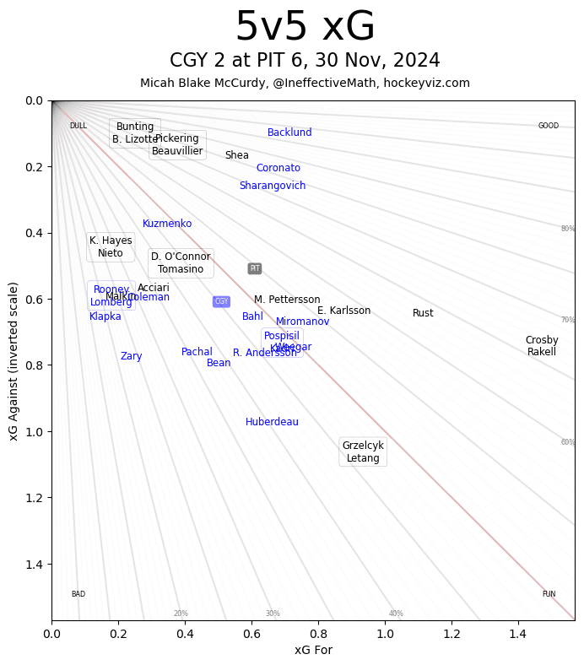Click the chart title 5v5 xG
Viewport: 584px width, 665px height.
point(305,27)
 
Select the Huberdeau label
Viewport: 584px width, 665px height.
point(272,422)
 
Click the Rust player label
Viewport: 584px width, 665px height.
point(423,313)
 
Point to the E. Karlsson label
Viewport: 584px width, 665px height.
point(343,311)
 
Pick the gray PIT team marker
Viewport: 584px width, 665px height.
point(255,268)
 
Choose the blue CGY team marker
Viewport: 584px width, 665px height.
point(221,301)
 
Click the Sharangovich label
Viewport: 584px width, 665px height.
point(273,186)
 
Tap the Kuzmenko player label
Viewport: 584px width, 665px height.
point(167,224)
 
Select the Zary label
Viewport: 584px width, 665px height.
point(131,356)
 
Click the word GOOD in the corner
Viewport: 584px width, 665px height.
point(549,126)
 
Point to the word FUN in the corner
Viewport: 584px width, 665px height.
point(549,594)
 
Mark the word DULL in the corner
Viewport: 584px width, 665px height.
point(78,126)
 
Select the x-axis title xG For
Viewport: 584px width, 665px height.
point(313,650)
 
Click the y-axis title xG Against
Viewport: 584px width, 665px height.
point(14,360)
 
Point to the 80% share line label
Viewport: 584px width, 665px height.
point(568,229)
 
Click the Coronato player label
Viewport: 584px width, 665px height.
point(278,168)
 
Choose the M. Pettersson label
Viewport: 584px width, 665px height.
point(287,300)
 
